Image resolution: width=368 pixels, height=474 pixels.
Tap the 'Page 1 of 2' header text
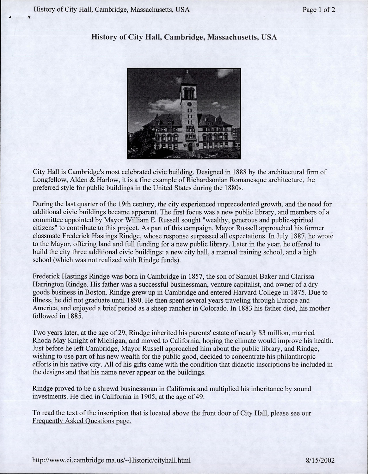pyautogui.click(x=318, y=10)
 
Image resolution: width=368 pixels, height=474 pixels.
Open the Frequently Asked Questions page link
pyautogui.click(x=82, y=421)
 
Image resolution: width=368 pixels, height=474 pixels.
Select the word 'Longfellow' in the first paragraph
pyautogui.click(x=48, y=180)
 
